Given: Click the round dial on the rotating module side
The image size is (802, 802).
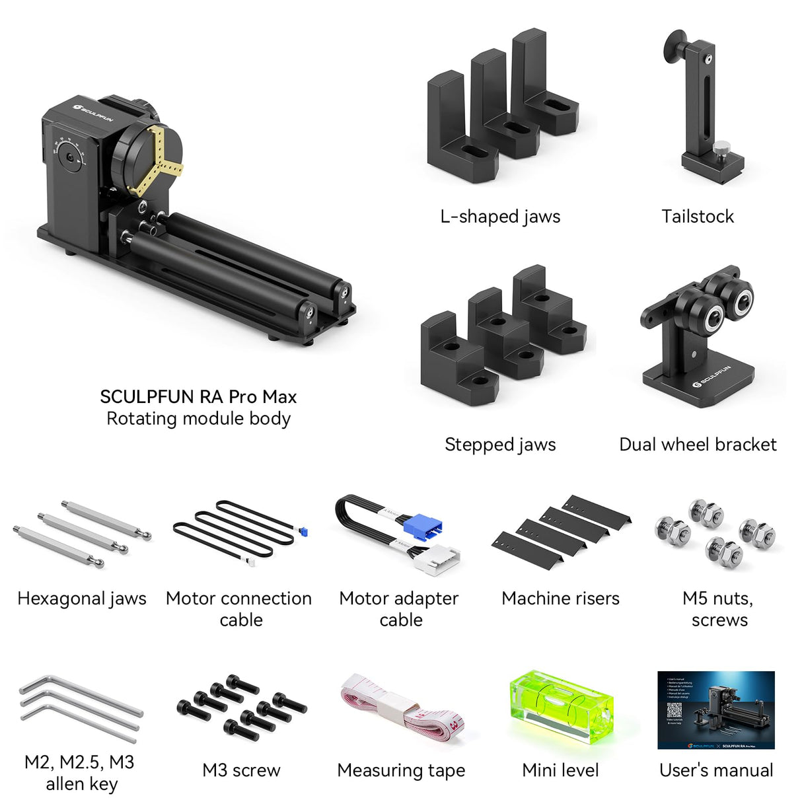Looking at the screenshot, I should tap(68, 157).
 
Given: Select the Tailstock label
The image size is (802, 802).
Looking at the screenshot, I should tap(698, 216).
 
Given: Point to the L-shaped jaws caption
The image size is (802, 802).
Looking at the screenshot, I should tap(500, 216).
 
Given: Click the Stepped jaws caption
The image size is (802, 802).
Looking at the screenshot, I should tap(500, 444).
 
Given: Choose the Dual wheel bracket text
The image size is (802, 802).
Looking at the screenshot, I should tap(698, 444).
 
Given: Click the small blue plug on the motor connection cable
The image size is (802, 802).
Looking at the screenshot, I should tap(303, 531).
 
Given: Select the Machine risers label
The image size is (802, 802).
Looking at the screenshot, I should tap(560, 598).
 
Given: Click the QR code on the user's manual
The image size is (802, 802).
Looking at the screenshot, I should tap(674, 710).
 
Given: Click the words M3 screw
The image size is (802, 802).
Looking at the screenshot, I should tap(241, 770).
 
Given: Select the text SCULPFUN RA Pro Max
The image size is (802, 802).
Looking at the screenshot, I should tap(198, 396).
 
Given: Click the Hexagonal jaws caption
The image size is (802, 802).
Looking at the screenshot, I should tap(82, 598).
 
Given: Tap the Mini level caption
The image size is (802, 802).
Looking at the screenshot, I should tap(560, 770).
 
